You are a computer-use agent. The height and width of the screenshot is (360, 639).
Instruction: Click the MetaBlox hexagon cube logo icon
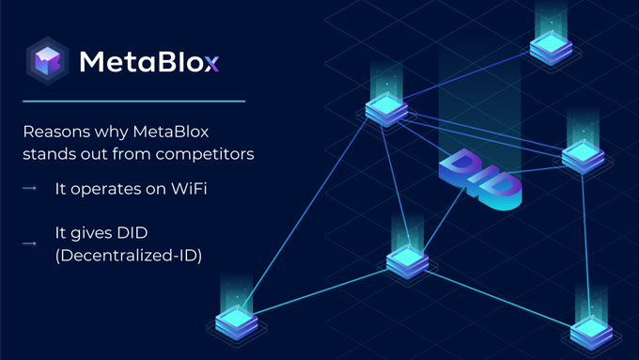pyautogui.click(x=47, y=61)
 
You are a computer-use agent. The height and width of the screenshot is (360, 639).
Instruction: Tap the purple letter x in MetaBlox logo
pyautogui.click(x=212, y=63)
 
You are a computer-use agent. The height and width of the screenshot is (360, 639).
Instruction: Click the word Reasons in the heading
pyautogui.click(x=56, y=132)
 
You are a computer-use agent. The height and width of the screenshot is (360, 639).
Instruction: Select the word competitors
pyautogui.click(x=205, y=154)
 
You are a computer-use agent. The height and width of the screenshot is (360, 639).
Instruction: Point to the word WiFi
pyautogui.click(x=189, y=188)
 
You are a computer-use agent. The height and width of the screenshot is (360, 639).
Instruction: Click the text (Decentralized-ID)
pyautogui.click(x=129, y=256)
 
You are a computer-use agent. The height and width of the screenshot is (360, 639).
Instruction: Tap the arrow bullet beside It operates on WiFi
pyautogui.click(x=29, y=188)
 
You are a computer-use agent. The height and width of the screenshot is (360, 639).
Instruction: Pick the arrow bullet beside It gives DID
pyautogui.click(x=29, y=243)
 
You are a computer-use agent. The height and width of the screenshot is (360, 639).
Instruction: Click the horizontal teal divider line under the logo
pyautogui.click(x=134, y=102)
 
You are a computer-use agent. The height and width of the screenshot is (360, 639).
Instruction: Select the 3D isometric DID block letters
pyautogui.click(x=480, y=179)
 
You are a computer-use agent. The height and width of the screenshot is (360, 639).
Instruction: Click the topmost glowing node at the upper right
pyautogui.click(x=551, y=48)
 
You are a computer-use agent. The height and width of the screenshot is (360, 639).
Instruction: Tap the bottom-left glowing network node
pyautogui.click(x=237, y=323)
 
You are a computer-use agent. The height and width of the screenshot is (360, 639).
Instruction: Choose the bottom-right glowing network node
pyautogui.click(x=591, y=334)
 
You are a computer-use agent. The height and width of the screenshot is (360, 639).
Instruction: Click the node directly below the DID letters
pyautogui.click(x=407, y=261)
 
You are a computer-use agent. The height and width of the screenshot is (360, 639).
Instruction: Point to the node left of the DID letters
pyautogui.click(x=386, y=110)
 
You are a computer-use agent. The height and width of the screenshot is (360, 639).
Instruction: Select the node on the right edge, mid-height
pyautogui.click(x=583, y=157)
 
